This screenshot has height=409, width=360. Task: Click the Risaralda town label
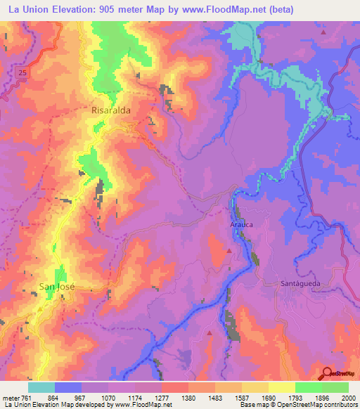pyautogui.click(x=111, y=111)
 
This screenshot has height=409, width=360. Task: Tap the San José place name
pyautogui.click(x=56, y=287)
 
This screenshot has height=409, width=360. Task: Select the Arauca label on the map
pyautogui.click(x=241, y=225)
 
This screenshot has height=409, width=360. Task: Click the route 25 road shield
pyautogui.click(x=22, y=72)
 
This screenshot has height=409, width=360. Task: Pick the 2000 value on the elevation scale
pyautogui.click(x=347, y=397)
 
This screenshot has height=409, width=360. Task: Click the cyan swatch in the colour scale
pyautogui.click(x=41, y=387)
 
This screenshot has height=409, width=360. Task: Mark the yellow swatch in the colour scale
pyautogui.click(x=281, y=387)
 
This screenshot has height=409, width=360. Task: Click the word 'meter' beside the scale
pyautogui.click(x=9, y=397)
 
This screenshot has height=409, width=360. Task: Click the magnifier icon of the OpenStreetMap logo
pyautogui.click(x=327, y=374)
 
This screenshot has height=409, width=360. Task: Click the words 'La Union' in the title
pyautogui.click(x=25, y=9)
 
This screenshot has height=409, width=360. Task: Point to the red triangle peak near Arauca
pyautogui.click(x=229, y=250)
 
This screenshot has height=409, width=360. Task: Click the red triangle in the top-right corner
pyautogui.click(x=323, y=32)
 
